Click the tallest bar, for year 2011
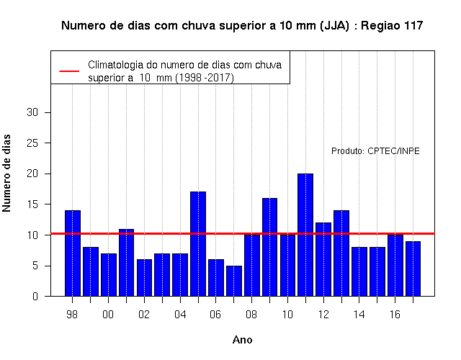(305, 235)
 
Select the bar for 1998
(73, 253)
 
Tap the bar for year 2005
(198, 244)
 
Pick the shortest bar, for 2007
(234, 281)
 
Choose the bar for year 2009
(269, 247)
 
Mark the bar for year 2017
(413, 269)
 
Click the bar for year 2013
(341, 253)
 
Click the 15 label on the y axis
(32, 204)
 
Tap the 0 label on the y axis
(35, 296)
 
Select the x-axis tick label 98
(72, 315)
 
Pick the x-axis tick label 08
(251, 315)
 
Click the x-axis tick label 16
(395, 315)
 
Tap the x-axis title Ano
(242, 340)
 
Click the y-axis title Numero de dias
(6, 173)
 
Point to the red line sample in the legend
(69, 71)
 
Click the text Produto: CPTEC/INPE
(375, 151)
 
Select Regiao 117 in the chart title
(392, 26)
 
